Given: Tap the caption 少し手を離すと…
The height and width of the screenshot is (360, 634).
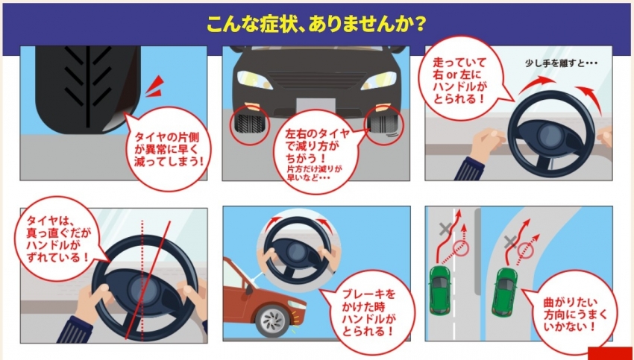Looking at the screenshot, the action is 562,63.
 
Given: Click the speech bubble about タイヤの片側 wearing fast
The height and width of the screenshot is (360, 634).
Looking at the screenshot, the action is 169,148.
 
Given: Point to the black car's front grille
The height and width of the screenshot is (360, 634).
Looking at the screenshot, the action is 316,80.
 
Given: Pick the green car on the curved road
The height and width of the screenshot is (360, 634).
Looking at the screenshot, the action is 504,291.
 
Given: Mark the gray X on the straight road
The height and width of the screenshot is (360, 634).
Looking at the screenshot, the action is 445,230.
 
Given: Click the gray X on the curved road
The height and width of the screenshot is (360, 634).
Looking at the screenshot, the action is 510,241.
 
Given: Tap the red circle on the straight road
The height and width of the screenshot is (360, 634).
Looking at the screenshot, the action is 462,248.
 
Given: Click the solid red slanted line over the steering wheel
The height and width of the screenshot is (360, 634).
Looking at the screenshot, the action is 148,280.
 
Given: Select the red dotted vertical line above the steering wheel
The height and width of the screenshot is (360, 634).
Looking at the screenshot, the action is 142,247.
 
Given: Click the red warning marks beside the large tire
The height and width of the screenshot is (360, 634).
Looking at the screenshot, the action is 155,86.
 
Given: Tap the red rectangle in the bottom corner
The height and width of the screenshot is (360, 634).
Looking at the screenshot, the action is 611,353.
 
